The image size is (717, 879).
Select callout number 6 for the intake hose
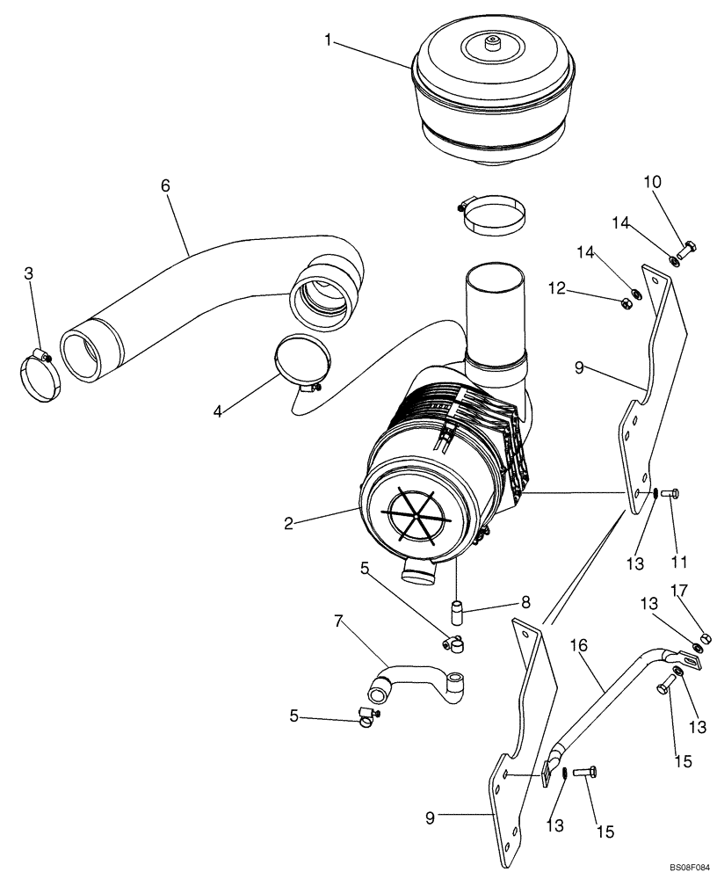(165, 185)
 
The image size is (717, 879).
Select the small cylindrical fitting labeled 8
(456, 608)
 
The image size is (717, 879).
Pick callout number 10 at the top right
(653, 182)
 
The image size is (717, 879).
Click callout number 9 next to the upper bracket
(579, 368)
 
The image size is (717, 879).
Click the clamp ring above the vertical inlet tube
(495, 215)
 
